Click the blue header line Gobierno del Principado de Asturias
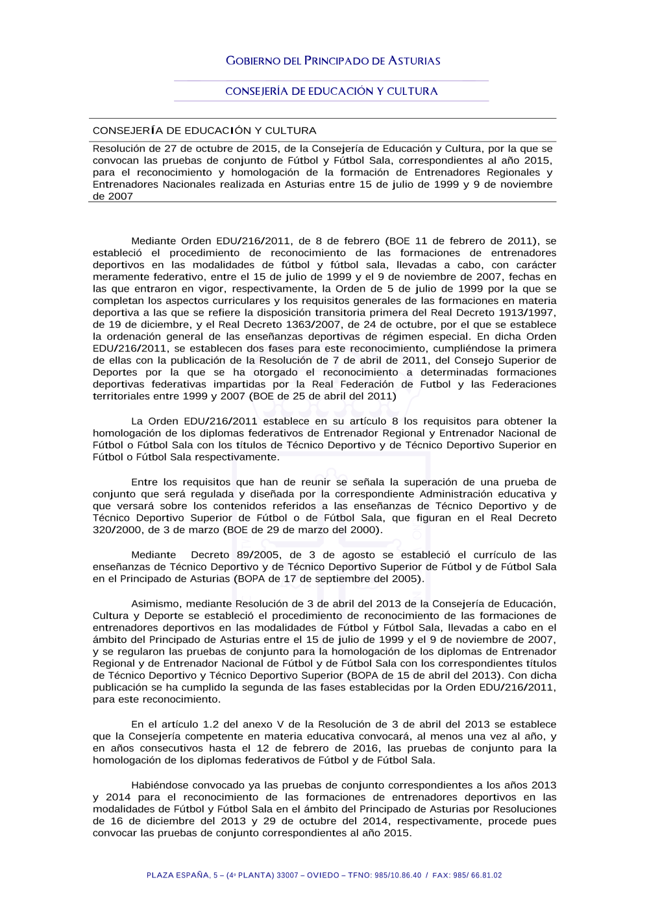coord(333,61)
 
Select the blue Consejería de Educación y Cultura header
coord(331,92)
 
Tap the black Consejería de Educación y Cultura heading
coord(204,131)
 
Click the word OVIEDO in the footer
coord(323,875)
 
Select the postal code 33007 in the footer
coord(288,875)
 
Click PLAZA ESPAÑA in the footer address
coord(178,875)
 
